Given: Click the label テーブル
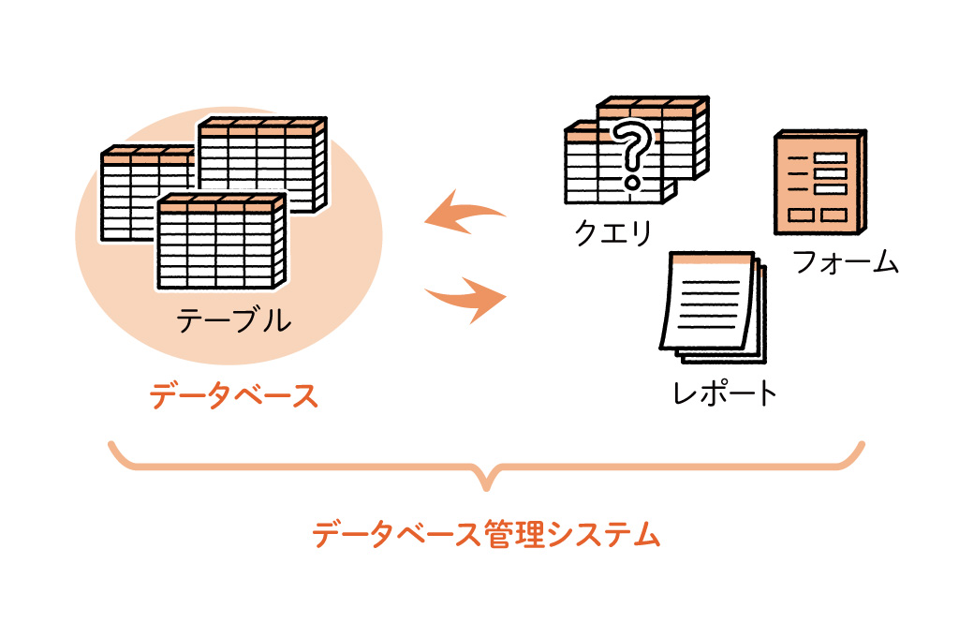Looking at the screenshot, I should point(233,321).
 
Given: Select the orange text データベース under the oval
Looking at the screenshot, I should point(234,395).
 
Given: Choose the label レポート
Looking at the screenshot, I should point(726,393).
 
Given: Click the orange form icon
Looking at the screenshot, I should point(817,185).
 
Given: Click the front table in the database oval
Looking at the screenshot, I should point(218,244).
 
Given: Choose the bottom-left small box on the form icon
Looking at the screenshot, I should point(799,215).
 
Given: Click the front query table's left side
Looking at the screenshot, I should point(585,169).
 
